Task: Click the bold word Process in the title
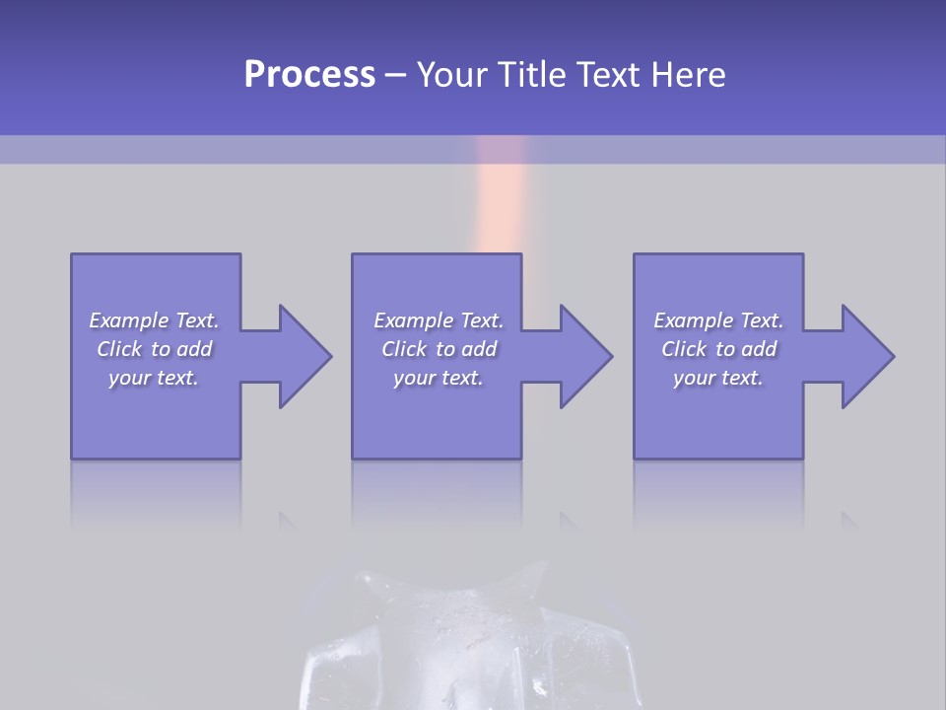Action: (309, 75)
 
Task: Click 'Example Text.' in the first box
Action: (154, 320)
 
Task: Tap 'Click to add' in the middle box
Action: (439, 349)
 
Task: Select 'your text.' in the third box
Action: (718, 378)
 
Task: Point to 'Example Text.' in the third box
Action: (718, 320)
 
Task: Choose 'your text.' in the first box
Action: (154, 378)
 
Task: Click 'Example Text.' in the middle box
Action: (439, 320)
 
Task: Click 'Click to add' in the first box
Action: (154, 349)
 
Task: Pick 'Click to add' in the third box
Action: (718, 349)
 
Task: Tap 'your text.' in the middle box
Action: (439, 378)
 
